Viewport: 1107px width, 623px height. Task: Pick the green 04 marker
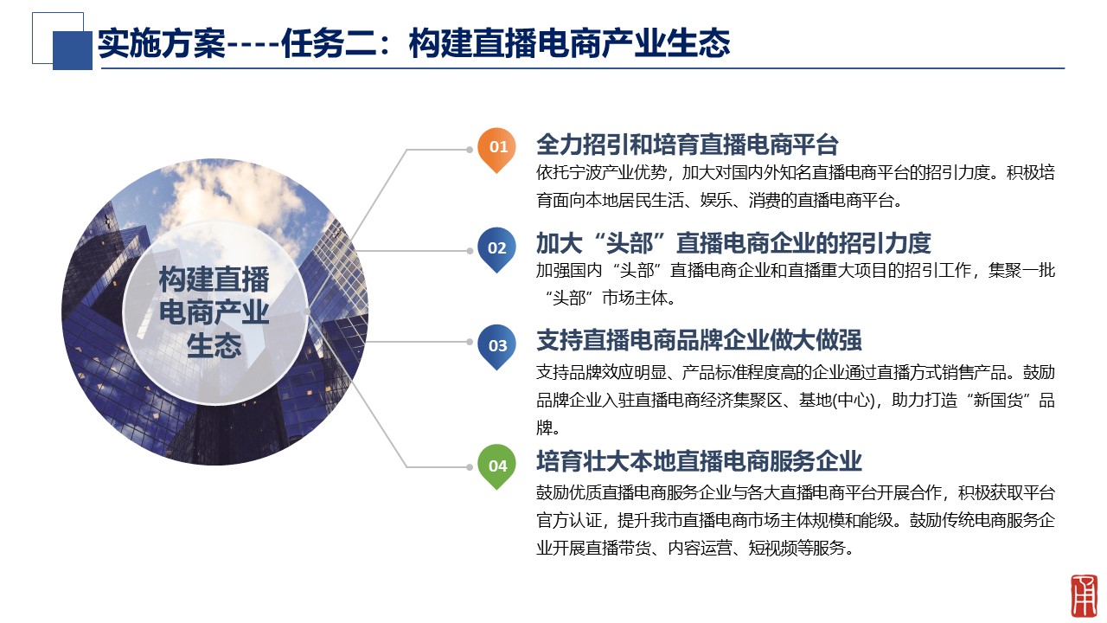(x=496, y=466)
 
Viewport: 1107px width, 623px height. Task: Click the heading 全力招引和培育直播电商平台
(x=688, y=145)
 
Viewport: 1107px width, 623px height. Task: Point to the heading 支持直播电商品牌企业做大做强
(x=699, y=340)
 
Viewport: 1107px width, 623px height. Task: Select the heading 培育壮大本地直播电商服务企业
(x=699, y=461)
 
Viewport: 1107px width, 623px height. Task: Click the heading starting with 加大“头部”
(x=733, y=243)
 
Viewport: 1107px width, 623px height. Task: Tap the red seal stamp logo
(x=1084, y=596)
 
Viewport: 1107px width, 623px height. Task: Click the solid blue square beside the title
(x=72, y=50)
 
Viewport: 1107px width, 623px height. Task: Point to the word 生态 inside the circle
(x=214, y=345)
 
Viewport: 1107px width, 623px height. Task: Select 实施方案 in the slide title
(x=161, y=43)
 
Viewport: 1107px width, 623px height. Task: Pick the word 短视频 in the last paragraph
(x=772, y=548)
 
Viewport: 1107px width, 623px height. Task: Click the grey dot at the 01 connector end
(x=470, y=150)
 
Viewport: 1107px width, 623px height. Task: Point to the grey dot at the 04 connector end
(x=470, y=466)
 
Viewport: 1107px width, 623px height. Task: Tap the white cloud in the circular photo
(x=237, y=193)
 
